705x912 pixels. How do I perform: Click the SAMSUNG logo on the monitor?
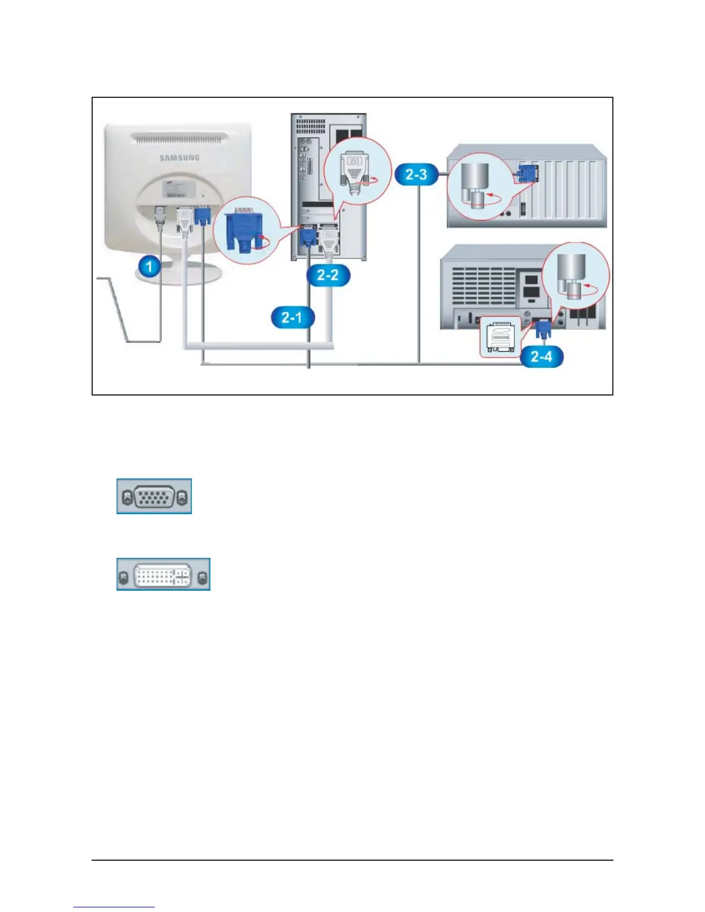[x=179, y=158]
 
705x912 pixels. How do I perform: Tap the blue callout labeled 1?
[x=150, y=267]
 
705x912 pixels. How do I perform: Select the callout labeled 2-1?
[x=292, y=317]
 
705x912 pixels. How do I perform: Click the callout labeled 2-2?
[x=328, y=275]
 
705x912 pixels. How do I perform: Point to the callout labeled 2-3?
[x=416, y=174]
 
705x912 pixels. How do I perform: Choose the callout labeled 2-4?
[x=541, y=356]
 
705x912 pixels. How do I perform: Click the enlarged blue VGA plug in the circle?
[x=245, y=231]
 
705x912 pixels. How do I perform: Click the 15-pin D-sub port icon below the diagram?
[x=154, y=496]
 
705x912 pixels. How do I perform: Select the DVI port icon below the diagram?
[x=163, y=575]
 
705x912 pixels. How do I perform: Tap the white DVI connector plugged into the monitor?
[x=184, y=222]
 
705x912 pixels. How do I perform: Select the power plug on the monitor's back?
[x=160, y=219]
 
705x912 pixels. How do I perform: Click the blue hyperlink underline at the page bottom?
[x=114, y=907]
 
